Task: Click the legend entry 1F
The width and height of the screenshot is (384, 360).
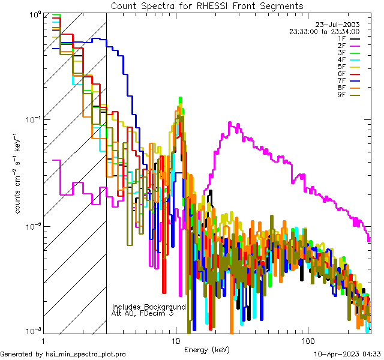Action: (341, 38)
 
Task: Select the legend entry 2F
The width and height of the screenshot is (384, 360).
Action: (341, 46)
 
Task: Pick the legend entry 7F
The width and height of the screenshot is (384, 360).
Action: (341, 80)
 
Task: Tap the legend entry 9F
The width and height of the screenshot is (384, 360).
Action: (341, 94)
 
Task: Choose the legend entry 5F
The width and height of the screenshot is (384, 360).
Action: (341, 67)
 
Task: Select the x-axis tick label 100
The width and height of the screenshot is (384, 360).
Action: (307, 340)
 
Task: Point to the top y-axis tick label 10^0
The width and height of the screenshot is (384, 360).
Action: (34, 14)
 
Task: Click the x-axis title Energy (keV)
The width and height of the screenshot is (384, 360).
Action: (207, 349)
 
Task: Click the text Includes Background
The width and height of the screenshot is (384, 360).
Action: (149, 307)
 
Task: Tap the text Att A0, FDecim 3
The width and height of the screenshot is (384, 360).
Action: (143, 313)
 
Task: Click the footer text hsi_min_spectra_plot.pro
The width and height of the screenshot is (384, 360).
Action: (86, 354)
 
